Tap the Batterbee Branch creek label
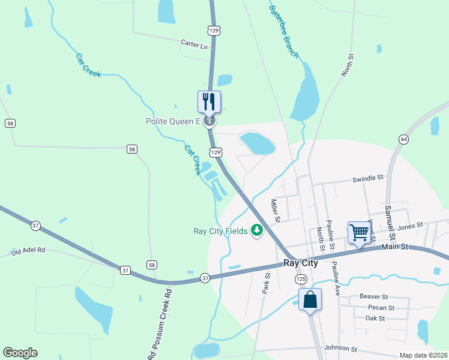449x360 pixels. coord(283,32)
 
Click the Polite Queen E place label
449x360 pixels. coord(173,121)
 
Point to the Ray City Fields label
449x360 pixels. coord(220,231)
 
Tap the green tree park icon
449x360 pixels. coord(258,230)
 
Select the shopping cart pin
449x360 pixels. coord(359,232)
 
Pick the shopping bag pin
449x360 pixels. coord(310,298)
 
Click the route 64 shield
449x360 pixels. coord(403,139)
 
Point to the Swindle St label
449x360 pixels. coord(367,178)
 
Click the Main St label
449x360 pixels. coord(395,246)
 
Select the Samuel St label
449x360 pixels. coord(388,220)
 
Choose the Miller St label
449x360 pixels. coord(275,210)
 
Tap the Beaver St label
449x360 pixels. coord(374,296)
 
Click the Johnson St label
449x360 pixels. coord(340,348)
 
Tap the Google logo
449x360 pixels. coord(20,353)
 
